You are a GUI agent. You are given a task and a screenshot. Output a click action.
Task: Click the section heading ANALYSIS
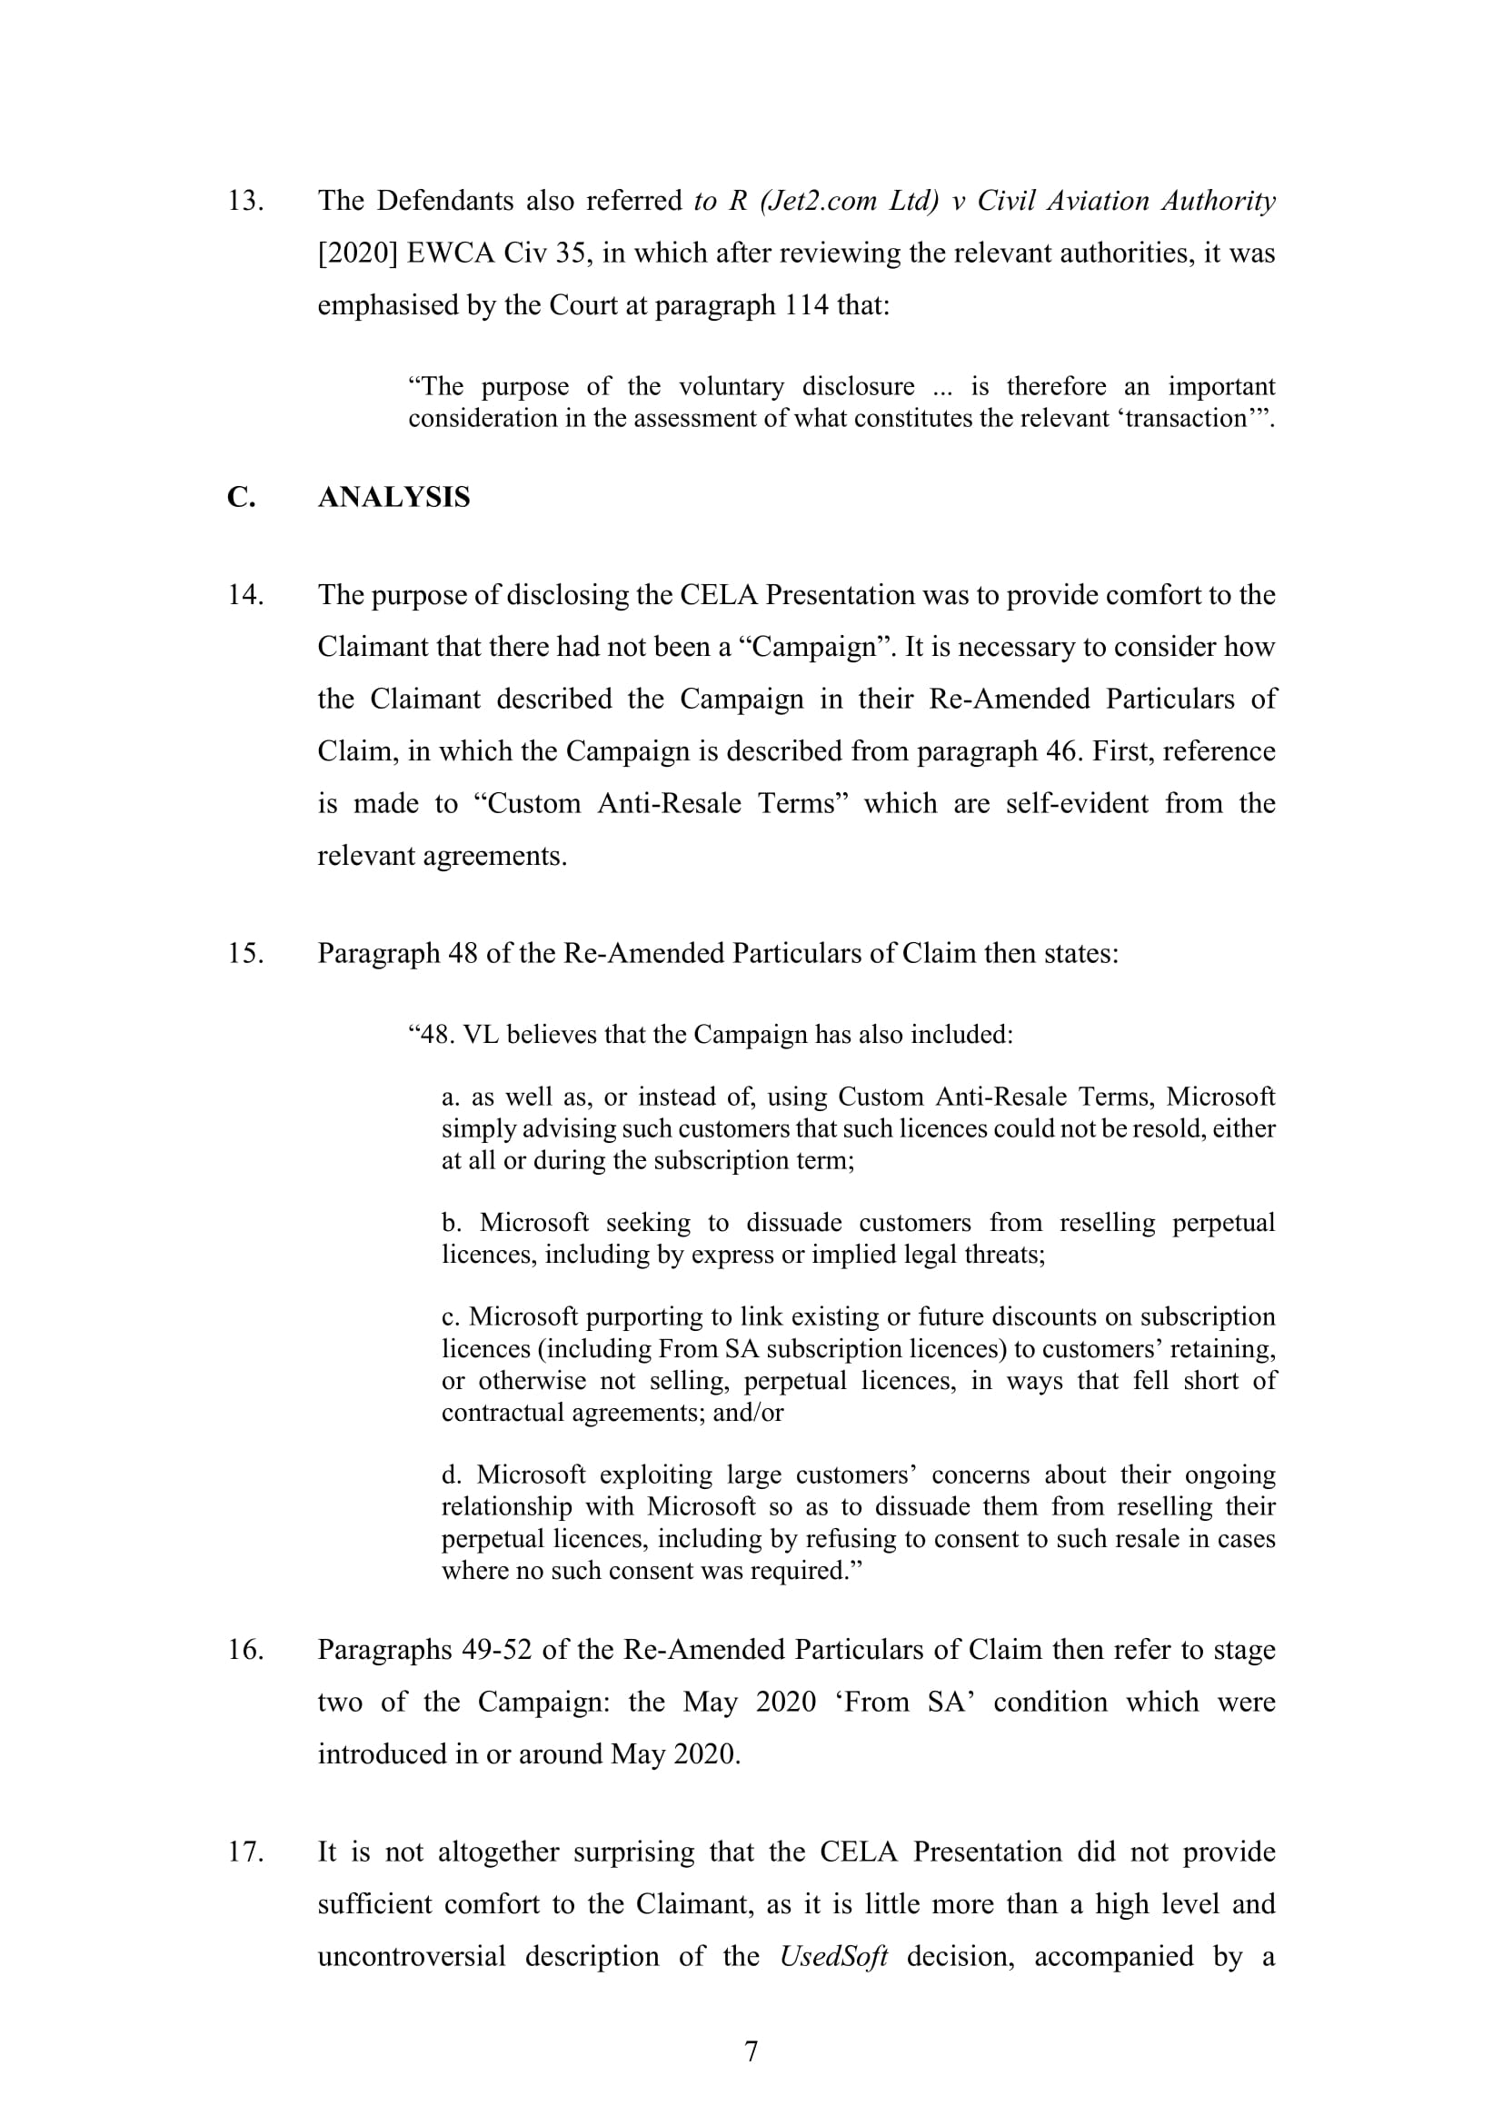tap(393, 498)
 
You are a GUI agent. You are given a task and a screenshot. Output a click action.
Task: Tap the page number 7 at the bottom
tap(751, 2052)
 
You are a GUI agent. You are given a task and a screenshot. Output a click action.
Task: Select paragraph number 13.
tap(246, 201)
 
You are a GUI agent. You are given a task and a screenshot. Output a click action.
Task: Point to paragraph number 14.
tap(246, 595)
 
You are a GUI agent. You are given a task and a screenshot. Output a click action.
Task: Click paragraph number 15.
tap(246, 953)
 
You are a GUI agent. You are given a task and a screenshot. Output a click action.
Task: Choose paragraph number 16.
tap(246, 1650)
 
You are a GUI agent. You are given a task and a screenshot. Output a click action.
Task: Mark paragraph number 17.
tap(246, 1852)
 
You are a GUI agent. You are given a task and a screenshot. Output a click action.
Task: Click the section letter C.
tap(241, 498)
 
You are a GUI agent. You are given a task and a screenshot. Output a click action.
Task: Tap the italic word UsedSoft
tap(834, 1957)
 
